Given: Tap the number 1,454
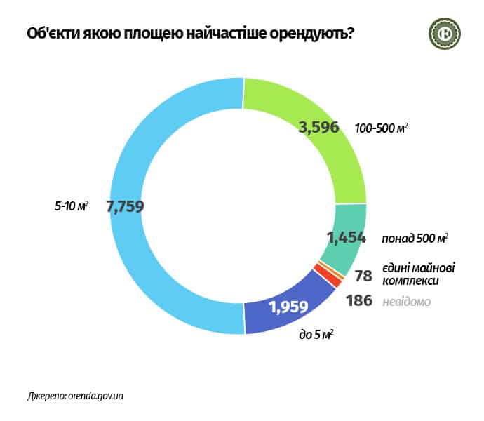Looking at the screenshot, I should coord(347,238).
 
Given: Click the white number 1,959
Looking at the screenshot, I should coord(290,307).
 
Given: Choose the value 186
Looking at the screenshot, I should coord(359,302).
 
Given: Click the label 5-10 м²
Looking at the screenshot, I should coord(72,207).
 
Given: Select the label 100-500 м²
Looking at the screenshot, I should coord(382,128).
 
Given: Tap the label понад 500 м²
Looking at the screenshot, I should coord(414,239).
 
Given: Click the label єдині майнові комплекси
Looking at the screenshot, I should coord(418,274).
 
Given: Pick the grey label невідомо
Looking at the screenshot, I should coord(406,302).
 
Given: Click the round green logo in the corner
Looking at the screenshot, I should coord(443,33).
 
